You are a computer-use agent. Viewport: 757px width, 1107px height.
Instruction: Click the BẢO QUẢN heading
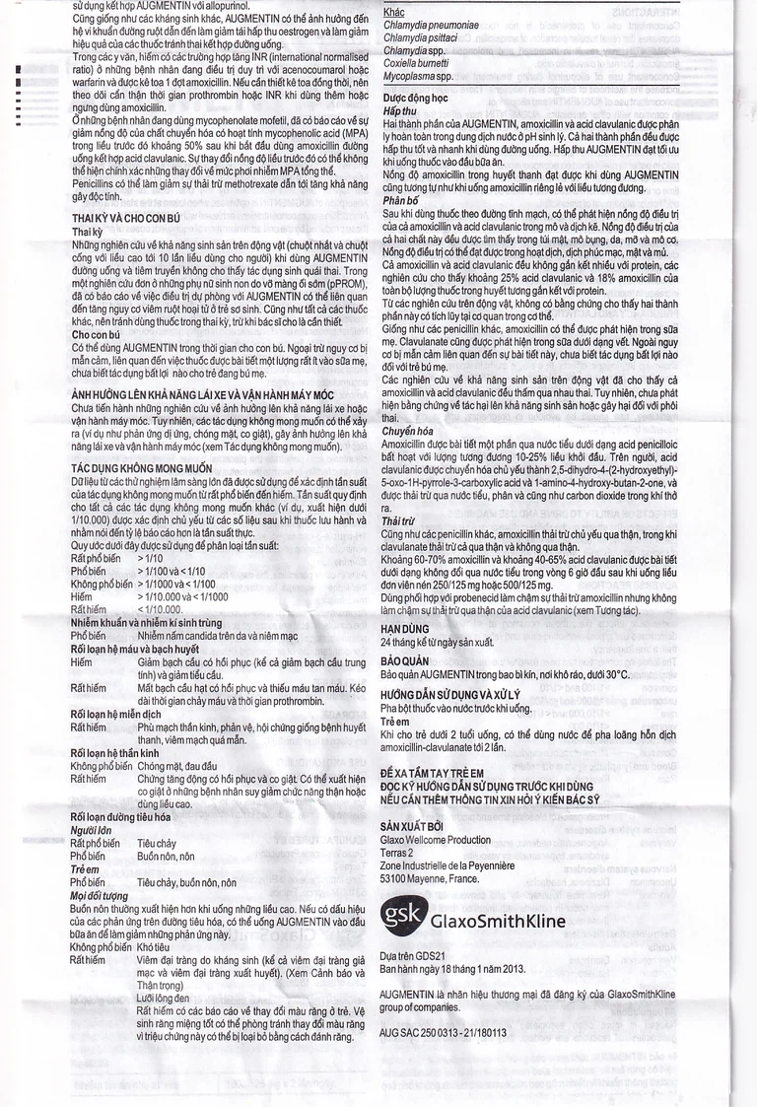pyautogui.click(x=407, y=660)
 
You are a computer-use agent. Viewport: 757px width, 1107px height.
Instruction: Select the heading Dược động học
pyautogui.click(x=416, y=100)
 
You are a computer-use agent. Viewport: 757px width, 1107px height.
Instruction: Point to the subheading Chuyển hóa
pyautogui.click(x=406, y=430)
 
